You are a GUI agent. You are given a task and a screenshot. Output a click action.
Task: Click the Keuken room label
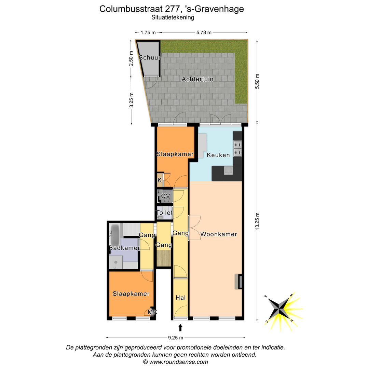click(x=218, y=155)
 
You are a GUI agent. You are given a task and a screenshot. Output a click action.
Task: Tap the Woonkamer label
click(x=219, y=234)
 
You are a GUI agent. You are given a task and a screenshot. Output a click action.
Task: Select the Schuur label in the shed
click(x=149, y=58)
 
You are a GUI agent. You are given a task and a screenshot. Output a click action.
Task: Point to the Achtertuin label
click(x=197, y=79)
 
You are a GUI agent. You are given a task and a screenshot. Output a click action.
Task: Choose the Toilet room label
click(x=164, y=213)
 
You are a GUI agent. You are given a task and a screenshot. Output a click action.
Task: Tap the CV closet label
click(x=166, y=196)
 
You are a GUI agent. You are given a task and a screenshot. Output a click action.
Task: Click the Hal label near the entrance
click(x=180, y=298)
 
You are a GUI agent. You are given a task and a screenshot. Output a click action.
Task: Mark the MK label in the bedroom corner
click(x=152, y=312)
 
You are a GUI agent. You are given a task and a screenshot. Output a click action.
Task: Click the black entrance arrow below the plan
click(x=180, y=328)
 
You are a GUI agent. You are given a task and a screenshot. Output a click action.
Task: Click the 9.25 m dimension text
click(x=176, y=338)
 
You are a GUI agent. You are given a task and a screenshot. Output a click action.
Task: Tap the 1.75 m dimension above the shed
click(x=148, y=32)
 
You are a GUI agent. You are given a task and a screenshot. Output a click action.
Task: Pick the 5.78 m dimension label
click(x=204, y=32)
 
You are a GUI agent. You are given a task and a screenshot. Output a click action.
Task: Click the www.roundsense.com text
click(x=178, y=362)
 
